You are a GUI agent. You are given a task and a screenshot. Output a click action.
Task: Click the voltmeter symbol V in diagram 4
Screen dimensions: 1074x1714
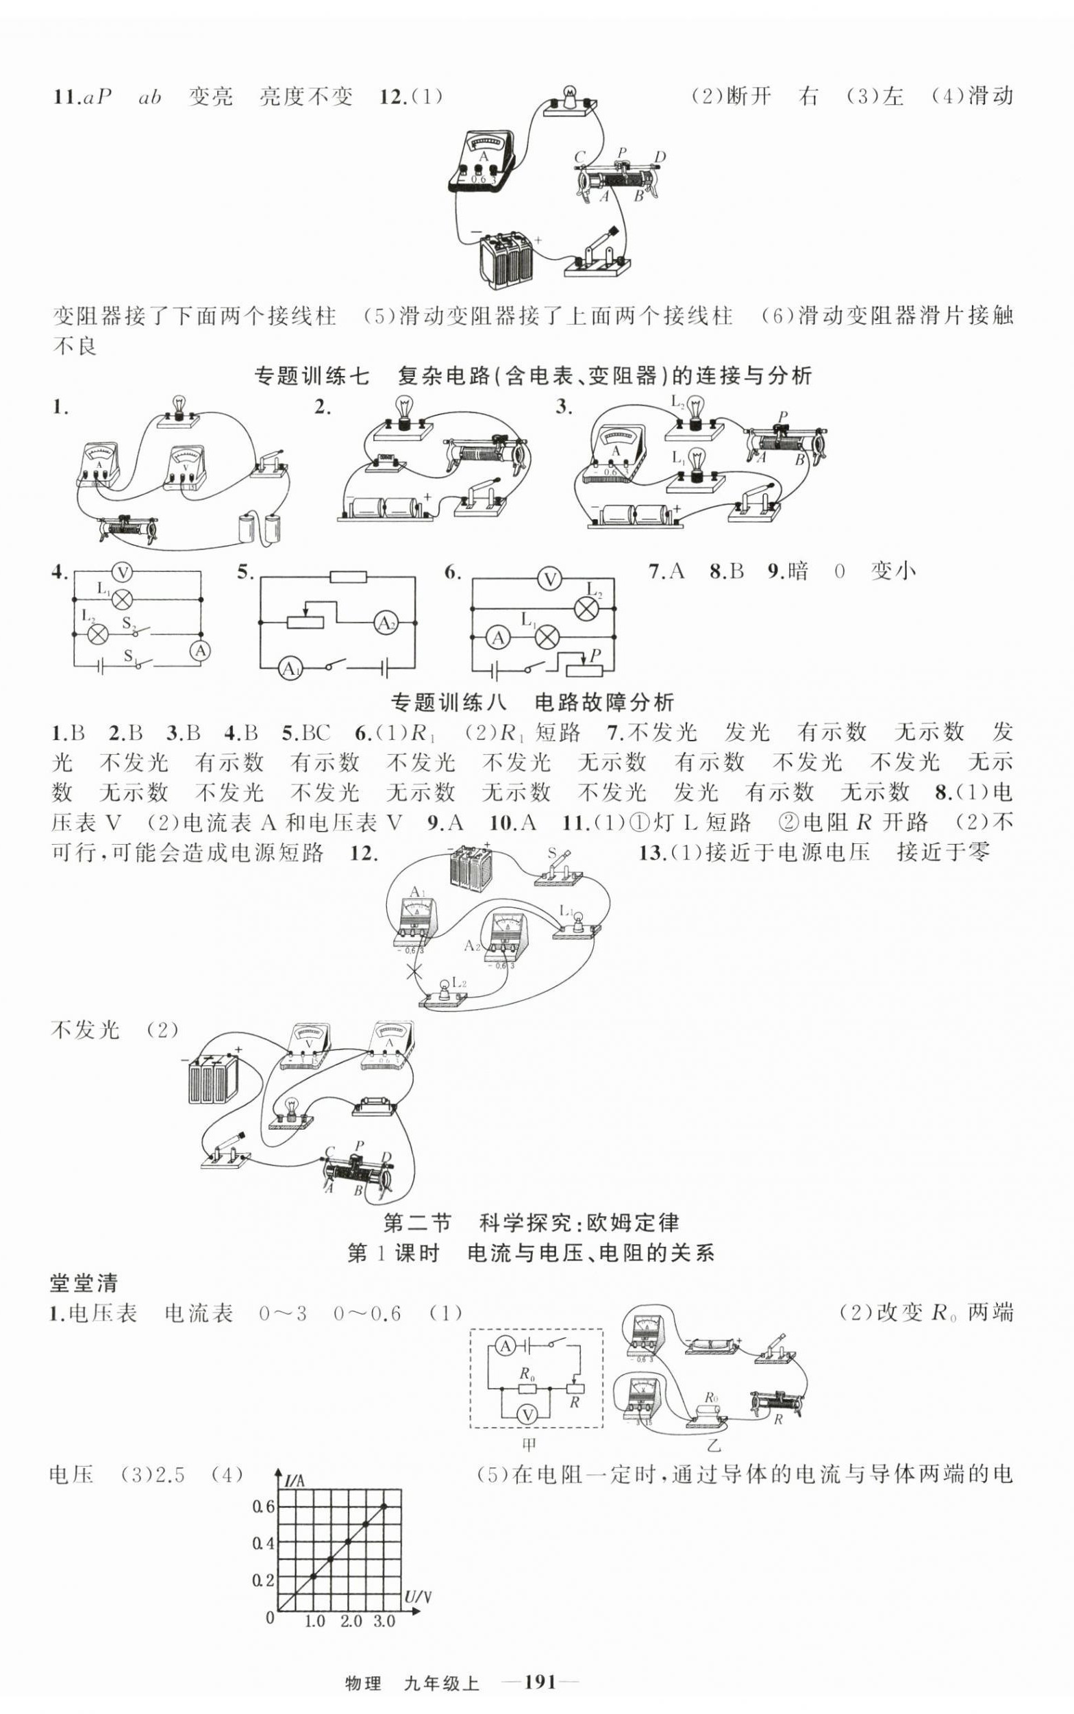tap(123, 573)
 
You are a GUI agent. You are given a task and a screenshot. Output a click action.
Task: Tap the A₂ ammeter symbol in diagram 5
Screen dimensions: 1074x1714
tap(386, 623)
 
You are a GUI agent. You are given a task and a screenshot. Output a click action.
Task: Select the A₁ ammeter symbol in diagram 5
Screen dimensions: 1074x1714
tap(290, 669)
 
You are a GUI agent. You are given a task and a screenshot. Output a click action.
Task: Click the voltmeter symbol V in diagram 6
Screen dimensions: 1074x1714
tap(549, 580)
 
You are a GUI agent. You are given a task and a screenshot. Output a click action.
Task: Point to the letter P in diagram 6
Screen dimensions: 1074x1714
tap(595, 654)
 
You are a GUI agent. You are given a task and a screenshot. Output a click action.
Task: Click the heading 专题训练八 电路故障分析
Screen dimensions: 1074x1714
tap(532, 702)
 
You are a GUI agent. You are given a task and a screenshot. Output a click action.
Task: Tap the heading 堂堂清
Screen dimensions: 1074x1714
tap(84, 1284)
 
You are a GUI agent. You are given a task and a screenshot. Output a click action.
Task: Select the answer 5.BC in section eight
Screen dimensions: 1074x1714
tap(306, 732)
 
